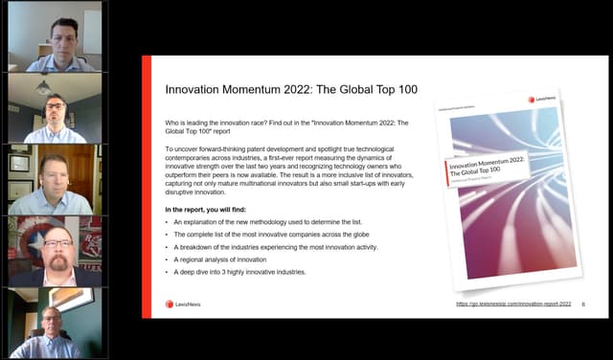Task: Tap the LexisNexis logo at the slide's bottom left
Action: pos(184,304)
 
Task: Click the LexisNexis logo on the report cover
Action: pos(547,100)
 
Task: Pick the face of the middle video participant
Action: pos(52,176)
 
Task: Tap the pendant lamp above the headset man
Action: pos(44,86)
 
